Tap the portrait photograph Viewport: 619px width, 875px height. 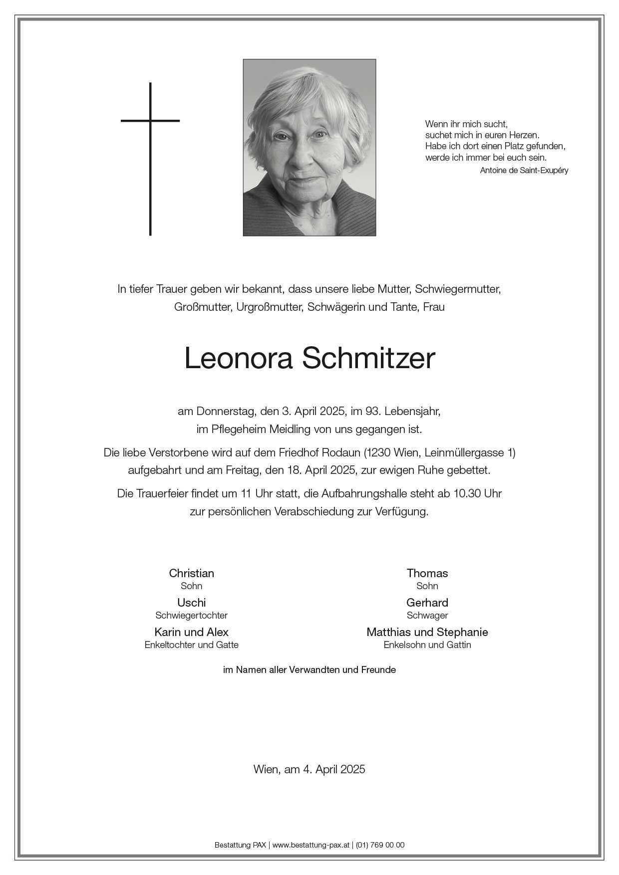tap(309, 147)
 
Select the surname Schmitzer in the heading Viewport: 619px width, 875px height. tap(369, 358)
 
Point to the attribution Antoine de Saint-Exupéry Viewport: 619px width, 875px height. tap(524, 170)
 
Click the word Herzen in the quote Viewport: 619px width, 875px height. tap(524, 135)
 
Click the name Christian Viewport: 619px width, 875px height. tap(191, 573)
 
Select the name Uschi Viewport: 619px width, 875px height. tap(191, 603)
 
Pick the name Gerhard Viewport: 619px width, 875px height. tap(427, 603)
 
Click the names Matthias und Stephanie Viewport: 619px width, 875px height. tap(427, 632)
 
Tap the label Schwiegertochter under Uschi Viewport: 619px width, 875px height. tap(191, 616)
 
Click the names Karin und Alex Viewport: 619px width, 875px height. tap(191, 632)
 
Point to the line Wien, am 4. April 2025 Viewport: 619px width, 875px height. tap(309, 769)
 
